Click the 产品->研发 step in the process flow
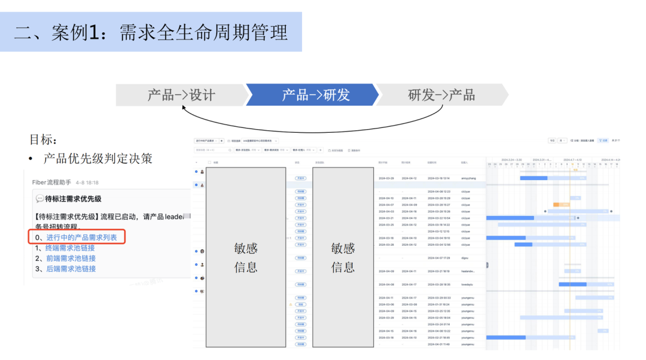tap(315, 95)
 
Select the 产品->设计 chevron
tap(181, 95)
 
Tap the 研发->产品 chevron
tap(441, 95)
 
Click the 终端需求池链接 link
tap(71, 248)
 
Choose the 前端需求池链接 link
tap(71, 258)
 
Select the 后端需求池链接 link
tap(71, 269)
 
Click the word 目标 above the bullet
tap(43, 140)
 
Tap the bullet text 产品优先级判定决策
tap(97, 158)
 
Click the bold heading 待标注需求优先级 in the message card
tap(73, 199)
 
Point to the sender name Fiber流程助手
tap(51, 182)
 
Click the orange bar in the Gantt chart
tap(561, 205)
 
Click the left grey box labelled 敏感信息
tap(246, 257)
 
